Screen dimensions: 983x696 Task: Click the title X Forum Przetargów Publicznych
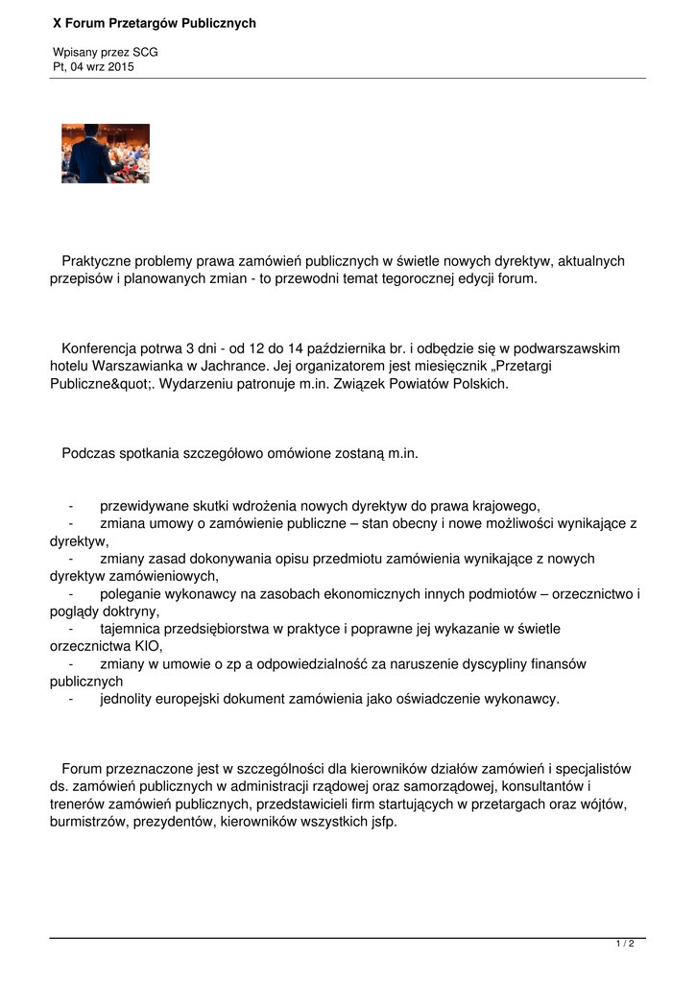[x=154, y=23]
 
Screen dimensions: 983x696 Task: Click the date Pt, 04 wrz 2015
[x=93, y=67]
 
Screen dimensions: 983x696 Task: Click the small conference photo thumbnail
[x=106, y=154]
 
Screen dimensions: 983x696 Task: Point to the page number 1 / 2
[x=625, y=945]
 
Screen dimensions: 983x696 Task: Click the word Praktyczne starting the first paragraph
[x=101, y=261]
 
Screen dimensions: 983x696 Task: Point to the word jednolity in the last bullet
[x=128, y=699]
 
